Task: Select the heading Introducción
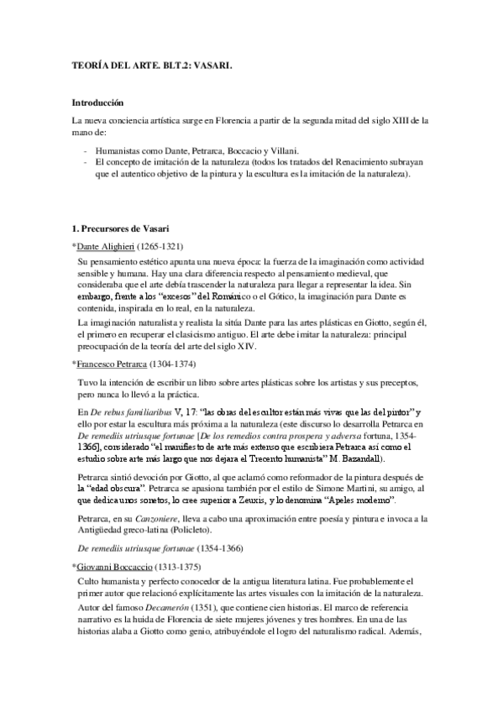click(x=97, y=102)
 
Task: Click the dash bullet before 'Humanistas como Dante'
click(x=86, y=149)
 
